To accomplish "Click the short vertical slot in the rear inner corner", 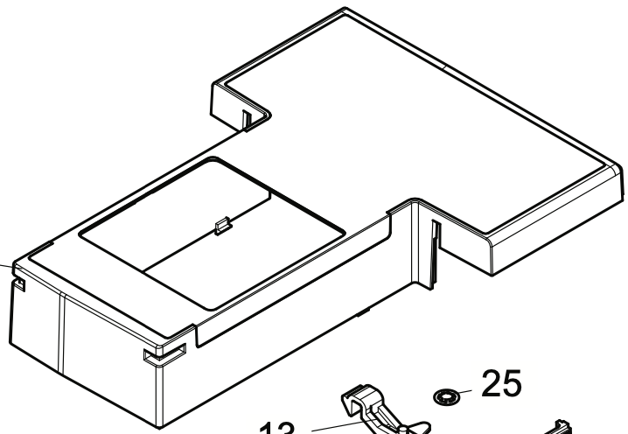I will (248, 115).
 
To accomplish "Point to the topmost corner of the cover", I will (340, 10).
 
